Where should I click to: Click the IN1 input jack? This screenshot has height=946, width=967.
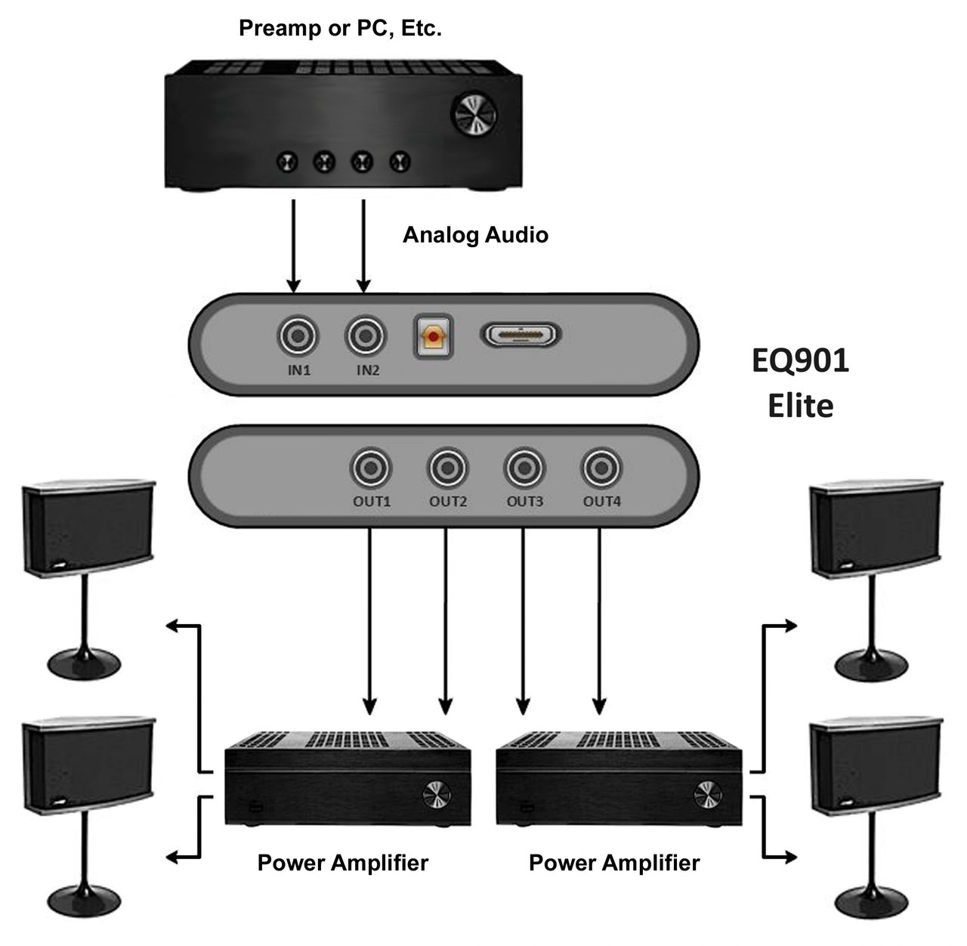point(299,336)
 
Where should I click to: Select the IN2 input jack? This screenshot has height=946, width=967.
point(366,336)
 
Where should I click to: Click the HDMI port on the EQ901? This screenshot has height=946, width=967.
point(521,335)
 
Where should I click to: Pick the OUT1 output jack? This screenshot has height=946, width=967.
point(371,468)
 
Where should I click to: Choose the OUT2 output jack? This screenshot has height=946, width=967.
point(448,468)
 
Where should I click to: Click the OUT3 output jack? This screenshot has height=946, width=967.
point(525,468)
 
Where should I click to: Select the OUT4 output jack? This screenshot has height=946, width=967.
point(601,468)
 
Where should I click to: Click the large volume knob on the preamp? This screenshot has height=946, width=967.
point(474,114)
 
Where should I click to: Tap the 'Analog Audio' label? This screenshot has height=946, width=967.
point(475,235)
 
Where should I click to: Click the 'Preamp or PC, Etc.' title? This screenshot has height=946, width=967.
point(340,29)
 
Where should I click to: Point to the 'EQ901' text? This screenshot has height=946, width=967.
point(800,361)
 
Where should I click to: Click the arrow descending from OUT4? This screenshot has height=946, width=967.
point(600,620)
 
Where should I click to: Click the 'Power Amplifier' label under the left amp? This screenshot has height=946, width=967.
point(342,863)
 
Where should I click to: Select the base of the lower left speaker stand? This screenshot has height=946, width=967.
point(85,900)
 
